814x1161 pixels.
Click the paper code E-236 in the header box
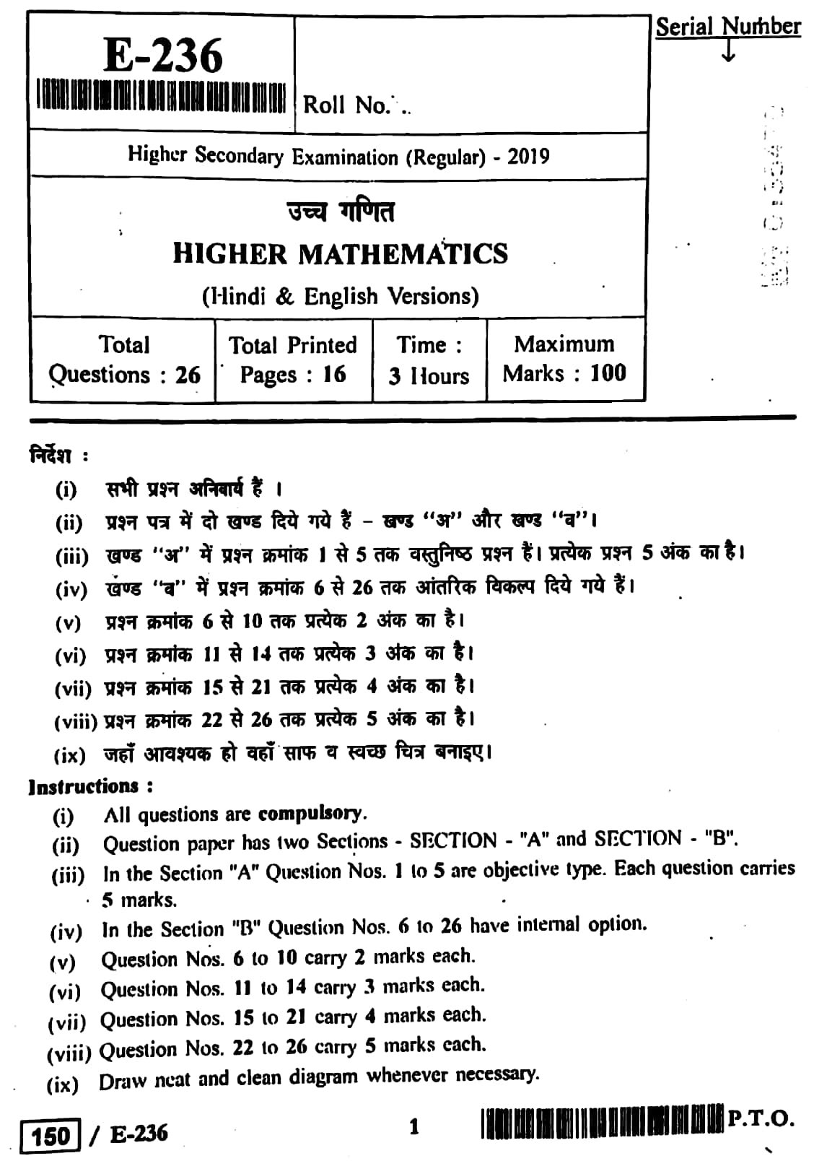[x=163, y=56]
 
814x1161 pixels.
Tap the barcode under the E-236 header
[x=162, y=96]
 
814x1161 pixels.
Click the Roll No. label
[x=346, y=105]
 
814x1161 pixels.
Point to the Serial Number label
[x=727, y=27]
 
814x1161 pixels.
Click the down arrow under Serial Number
[x=728, y=51]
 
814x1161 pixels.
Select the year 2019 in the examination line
[x=528, y=157]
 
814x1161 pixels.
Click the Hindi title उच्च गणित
[x=340, y=212]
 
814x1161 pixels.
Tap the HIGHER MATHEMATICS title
[x=340, y=254]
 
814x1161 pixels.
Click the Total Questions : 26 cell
[x=123, y=360]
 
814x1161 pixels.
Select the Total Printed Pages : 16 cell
[x=293, y=360]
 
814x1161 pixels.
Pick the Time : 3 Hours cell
[x=429, y=360]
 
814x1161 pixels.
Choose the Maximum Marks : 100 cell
[x=564, y=358]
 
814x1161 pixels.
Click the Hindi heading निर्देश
[x=51, y=456]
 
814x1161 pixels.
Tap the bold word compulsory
[x=311, y=814]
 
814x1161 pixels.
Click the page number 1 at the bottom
[x=414, y=1127]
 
